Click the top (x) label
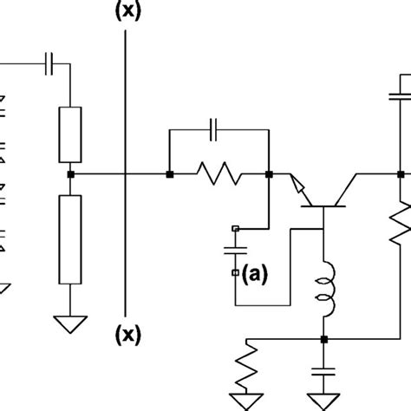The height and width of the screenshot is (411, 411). [127, 10]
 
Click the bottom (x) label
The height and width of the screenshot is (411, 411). [127, 332]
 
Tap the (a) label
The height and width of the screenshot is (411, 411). [254, 275]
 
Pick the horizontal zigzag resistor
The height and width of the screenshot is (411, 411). [219, 175]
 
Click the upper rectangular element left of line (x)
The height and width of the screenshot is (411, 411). [70, 135]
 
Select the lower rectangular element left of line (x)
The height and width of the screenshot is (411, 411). [70, 239]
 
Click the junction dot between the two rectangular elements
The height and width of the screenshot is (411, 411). [70, 174]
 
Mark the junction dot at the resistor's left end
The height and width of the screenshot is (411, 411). [170, 174]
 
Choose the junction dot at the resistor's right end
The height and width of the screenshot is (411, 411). [269, 174]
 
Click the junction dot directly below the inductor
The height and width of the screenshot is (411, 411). [323, 339]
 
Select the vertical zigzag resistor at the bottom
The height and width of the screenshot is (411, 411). [249, 369]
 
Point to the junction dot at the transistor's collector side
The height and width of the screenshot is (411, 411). [401, 174]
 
